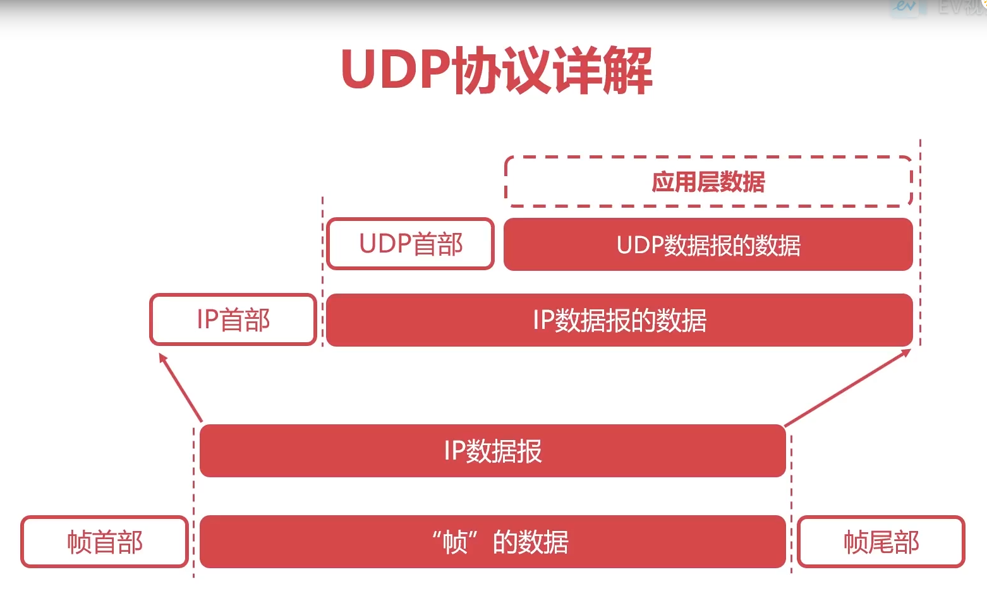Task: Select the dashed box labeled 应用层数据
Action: coord(708,182)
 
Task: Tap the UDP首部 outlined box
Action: coord(411,244)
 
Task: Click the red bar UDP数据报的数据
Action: coord(708,245)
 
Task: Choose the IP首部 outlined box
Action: coord(233,319)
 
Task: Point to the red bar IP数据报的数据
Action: coord(619,320)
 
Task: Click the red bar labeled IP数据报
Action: coord(492,451)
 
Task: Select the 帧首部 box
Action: coord(105,542)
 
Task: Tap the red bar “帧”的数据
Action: coord(492,542)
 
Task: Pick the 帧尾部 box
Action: coord(881,542)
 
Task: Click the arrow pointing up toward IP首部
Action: coord(181,388)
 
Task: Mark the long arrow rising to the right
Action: coord(847,388)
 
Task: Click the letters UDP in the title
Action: coord(396,69)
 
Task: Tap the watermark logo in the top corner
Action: coord(905,8)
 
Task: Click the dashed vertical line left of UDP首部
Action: coord(322,271)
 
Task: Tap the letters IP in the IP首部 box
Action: coord(208,319)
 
